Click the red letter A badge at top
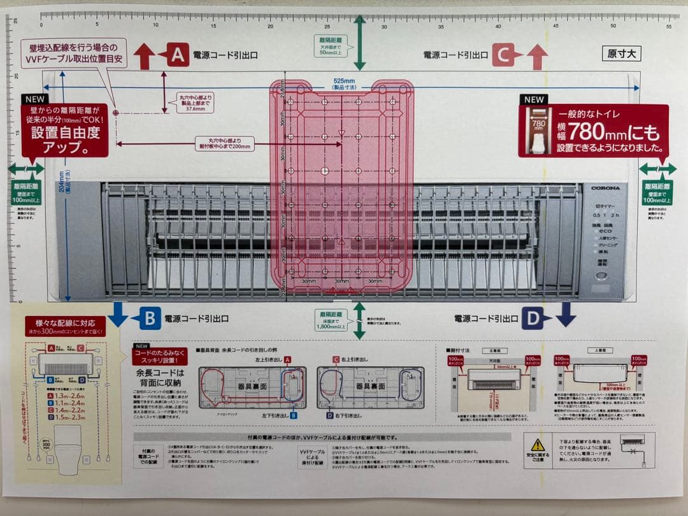pos(177,55)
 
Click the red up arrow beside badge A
pos(145,56)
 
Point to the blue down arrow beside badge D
pos(565,315)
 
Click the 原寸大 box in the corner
pos(621,54)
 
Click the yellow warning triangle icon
pos(538,444)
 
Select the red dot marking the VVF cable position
pos(116,112)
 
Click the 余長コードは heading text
pos(160,373)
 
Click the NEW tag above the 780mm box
pos(534,99)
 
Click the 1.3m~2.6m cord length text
pos(70,396)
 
